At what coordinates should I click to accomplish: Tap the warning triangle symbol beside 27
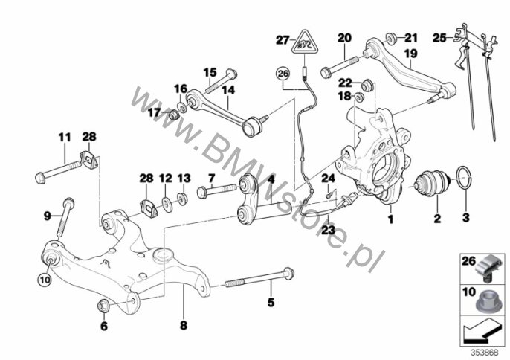303,42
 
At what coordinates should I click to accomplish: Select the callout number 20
343,37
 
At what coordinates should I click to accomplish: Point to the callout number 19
410,54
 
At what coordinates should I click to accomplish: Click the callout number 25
439,36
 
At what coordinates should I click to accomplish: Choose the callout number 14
227,89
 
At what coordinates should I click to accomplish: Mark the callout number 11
64,137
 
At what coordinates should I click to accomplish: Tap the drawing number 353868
486,352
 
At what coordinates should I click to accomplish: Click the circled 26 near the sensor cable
282,73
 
